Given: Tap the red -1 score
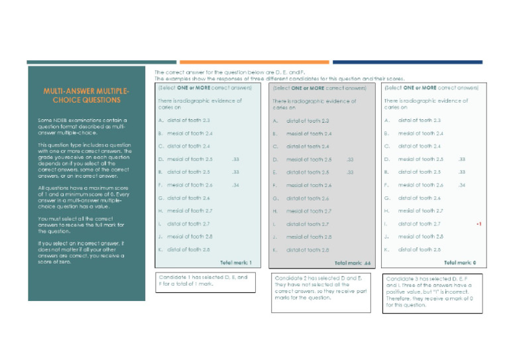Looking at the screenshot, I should point(479,224).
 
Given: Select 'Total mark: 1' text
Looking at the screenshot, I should point(236,263).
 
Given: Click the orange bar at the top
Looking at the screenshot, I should point(254,62).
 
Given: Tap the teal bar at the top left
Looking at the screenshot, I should point(93,62).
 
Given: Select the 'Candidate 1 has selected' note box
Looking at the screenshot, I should point(204,282).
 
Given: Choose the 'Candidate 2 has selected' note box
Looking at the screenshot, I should point(319,291).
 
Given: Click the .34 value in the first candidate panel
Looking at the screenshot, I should point(235,185).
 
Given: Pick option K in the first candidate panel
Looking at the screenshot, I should point(186,249).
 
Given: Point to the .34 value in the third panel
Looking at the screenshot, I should point(462,185).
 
